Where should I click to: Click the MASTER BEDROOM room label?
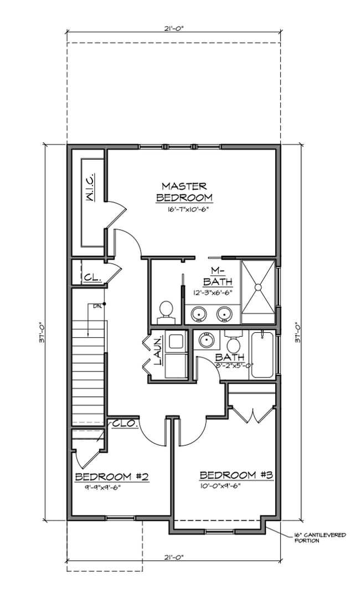184,192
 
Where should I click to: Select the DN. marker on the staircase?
97,305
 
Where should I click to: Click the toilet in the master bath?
166,311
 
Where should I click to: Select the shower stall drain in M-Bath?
258,286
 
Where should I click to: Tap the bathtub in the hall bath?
261,354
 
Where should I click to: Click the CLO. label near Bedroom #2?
125,423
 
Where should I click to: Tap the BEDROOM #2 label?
111,477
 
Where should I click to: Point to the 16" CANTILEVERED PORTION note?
320,538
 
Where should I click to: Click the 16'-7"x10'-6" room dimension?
184,210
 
